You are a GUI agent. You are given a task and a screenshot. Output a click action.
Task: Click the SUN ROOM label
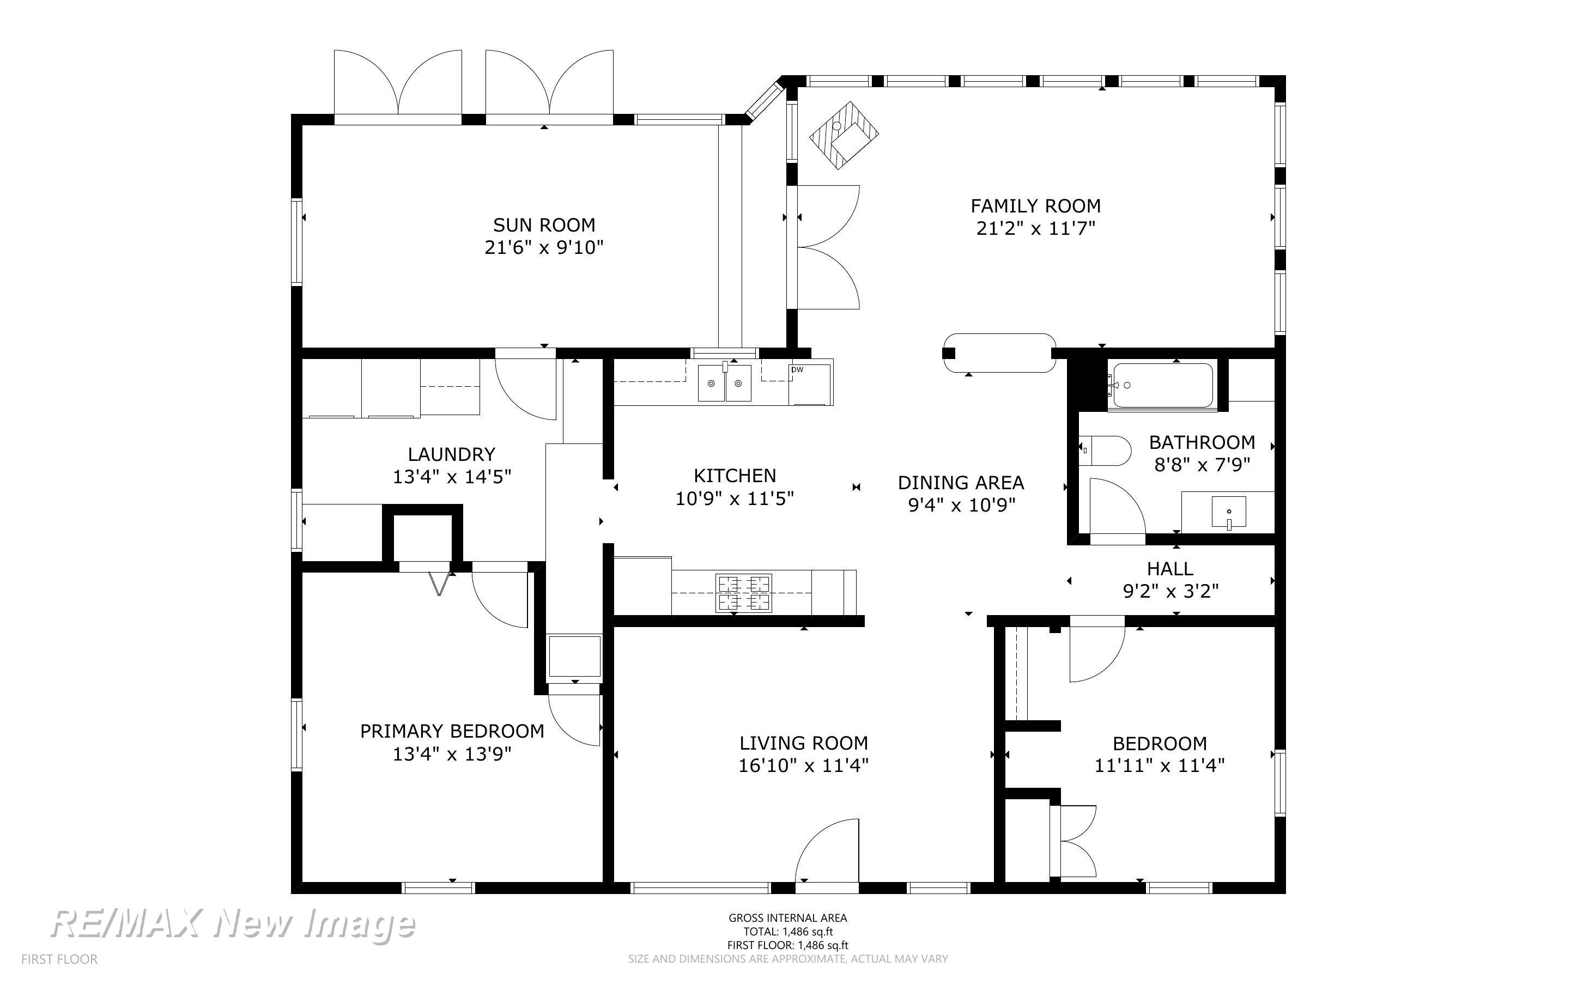point(544,225)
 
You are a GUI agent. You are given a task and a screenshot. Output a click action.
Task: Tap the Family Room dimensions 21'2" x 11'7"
point(1036,229)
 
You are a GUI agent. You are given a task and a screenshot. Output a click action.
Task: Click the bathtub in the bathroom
point(1163,386)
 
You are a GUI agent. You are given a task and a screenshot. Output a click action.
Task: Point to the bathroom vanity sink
point(1228,512)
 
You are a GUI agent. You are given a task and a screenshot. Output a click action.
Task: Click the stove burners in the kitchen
point(744,593)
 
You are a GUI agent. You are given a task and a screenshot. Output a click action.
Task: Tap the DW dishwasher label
point(797,370)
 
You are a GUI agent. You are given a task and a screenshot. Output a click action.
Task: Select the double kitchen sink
point(725,382)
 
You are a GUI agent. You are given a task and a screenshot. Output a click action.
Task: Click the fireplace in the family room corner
point(844,135)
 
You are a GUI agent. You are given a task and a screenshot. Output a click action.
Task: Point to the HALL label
point(1170,569)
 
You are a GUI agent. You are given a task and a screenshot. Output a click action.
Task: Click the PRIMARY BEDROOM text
point(452,731)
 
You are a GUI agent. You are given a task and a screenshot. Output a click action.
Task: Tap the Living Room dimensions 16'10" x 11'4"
point(803,765)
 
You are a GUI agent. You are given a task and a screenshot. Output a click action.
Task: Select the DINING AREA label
point(961,483)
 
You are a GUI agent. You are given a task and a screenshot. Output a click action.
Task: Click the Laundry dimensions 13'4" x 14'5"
point(451,477)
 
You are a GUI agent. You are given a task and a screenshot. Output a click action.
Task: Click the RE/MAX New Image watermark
point(233,924)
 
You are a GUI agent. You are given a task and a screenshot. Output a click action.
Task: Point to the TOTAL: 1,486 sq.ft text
point(788,932)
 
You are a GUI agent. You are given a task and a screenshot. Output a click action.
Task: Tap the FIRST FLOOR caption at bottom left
point(59,959)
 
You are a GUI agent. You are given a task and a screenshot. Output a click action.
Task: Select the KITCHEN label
point(735,476)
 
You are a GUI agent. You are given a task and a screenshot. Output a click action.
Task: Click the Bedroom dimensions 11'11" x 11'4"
point(1160,765)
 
